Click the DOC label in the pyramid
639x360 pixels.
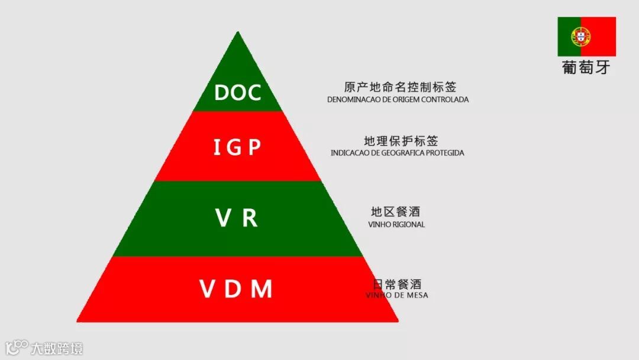(x=237, y=92)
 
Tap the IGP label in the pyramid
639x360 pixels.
(x=237, y=147)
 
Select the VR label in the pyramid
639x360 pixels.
(x=237, y=218)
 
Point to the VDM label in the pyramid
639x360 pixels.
(x=236, y=290)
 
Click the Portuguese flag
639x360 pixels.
(x=586, y=36)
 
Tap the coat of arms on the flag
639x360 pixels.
(x=580, y=37)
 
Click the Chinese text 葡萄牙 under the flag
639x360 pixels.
(x=586, y=67)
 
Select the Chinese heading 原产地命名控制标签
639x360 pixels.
(x=400, y=88)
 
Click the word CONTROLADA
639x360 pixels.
(x=446, y=99)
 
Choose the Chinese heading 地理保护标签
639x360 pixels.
(x=401, y=141)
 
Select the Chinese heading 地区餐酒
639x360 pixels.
(x=395, y=212)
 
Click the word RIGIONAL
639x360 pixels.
(x=408, y=224)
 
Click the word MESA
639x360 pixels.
(x=416, y=295)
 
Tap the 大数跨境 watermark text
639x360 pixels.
(x=57, y=348)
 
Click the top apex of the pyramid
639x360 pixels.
(x=238, y=33)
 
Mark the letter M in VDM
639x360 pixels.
(x=262, y=290)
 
